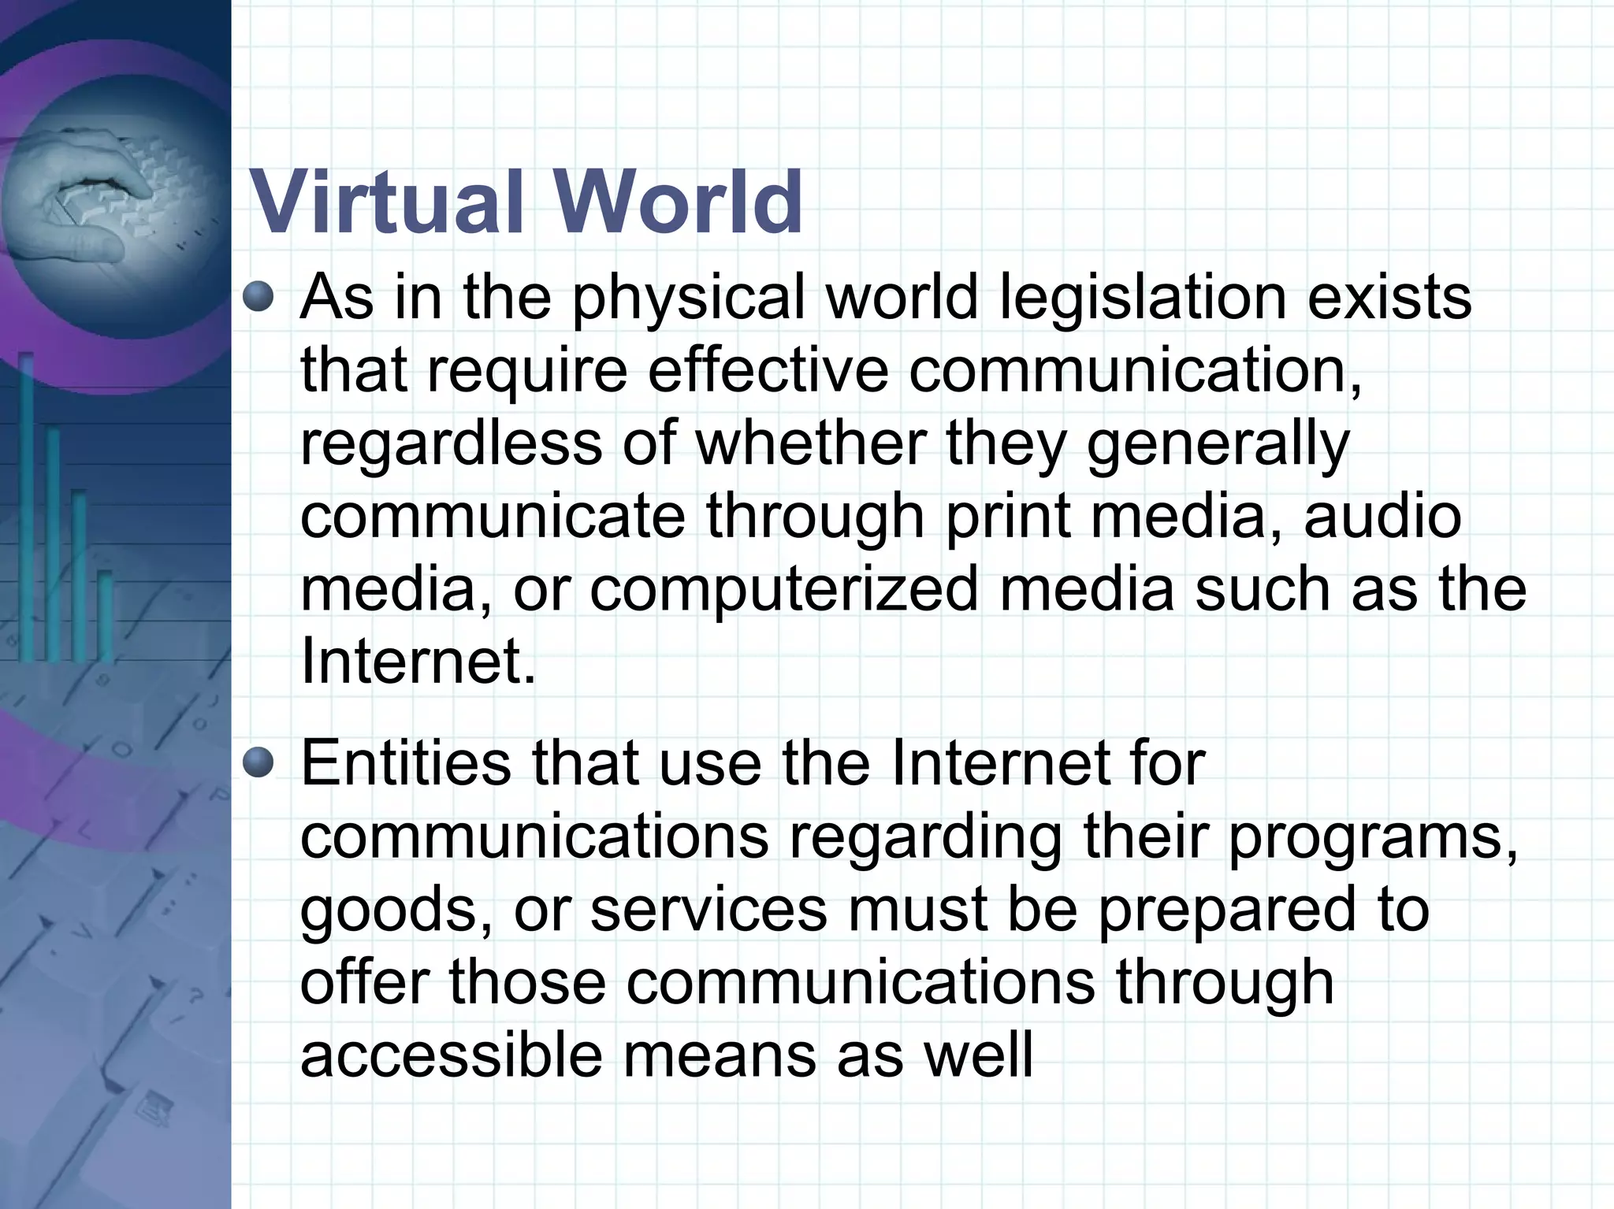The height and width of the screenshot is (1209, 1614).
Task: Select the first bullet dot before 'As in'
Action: tap(258, 298)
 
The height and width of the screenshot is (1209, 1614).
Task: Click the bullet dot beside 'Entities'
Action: tap(258, 762)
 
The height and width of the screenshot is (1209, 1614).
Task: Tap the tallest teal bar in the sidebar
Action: tap(27, 504)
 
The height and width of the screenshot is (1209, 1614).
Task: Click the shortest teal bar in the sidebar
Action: tap(105, 614)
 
